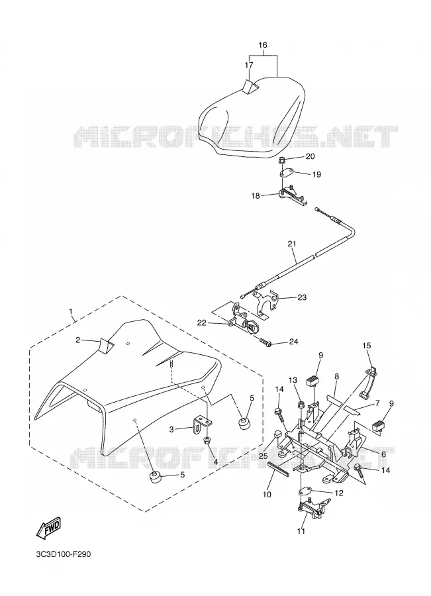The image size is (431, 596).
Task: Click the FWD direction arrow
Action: [48, 528]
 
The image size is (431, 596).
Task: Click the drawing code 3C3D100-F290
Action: [63, 554]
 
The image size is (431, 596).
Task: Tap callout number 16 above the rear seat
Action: [263, 45]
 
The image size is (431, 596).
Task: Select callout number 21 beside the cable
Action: [292, 244]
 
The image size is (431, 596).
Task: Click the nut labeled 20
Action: [283, 159]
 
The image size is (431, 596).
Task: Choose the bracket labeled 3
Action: [201, 425]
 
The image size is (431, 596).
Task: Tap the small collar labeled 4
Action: [207, 441]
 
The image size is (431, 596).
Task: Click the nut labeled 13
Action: [301, 404]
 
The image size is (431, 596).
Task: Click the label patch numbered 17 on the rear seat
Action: [250, 86]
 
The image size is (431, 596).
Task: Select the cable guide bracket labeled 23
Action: [266, 304]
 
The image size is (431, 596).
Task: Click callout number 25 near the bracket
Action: [263, 456]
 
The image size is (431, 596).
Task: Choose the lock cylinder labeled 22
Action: [242, 324]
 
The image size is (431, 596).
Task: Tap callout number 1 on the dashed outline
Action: [71, 312]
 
